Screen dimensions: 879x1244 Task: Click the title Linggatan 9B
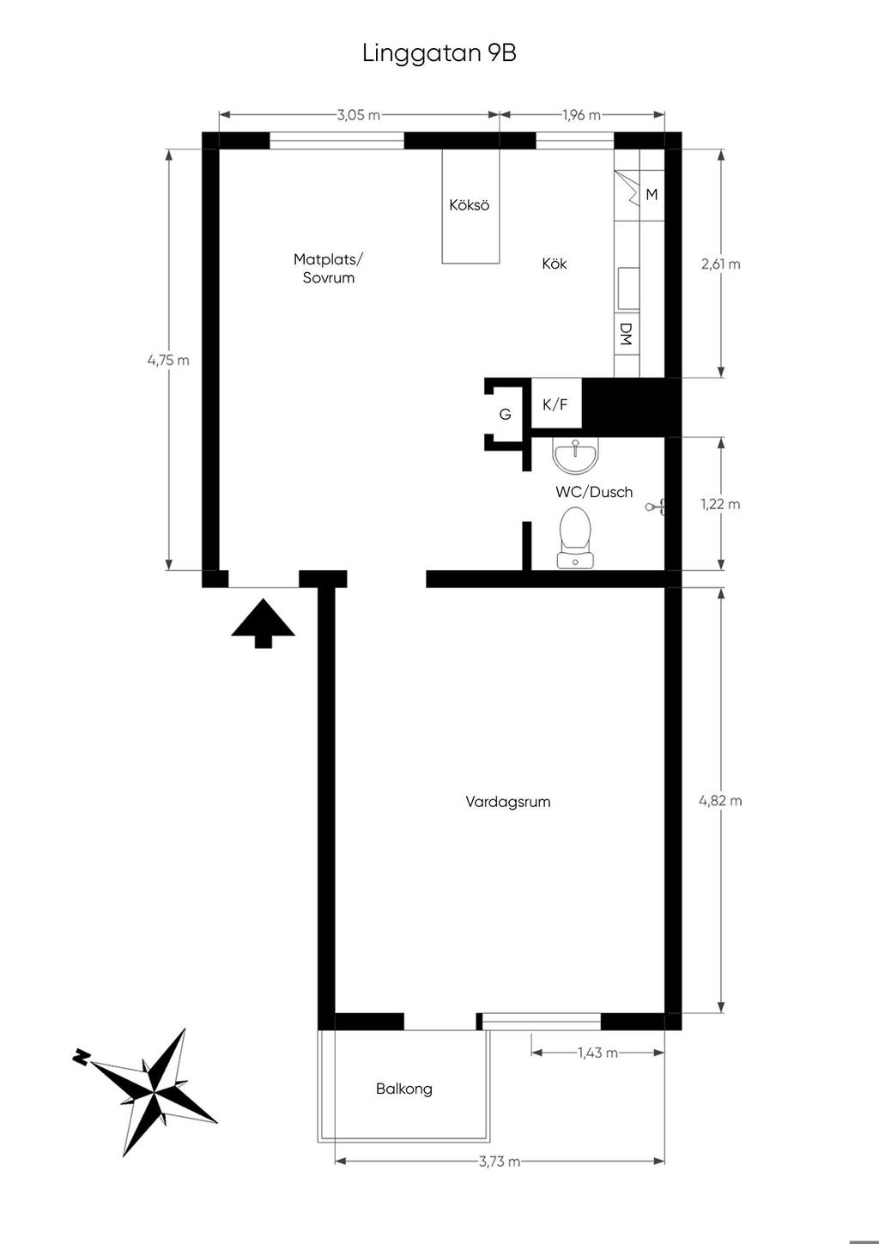[439, 54]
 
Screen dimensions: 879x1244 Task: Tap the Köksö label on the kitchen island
[470, 205]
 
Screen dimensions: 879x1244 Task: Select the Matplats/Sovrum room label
[329, 268]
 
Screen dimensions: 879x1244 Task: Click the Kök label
[555, 264]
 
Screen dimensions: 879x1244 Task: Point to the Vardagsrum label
[508, 801]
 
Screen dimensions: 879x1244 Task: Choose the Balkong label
[403, 1088]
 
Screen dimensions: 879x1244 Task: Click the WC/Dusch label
[594, 491]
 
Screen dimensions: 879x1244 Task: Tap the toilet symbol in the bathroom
[575, 537]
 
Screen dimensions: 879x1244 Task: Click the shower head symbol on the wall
[655, 507]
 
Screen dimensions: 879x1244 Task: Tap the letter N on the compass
[81, 1057]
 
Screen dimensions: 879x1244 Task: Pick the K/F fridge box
[556, 404]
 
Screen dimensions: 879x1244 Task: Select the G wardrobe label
[506, 414]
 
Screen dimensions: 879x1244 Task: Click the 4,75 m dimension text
[168, 360]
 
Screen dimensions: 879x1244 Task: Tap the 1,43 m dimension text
[597, 1053]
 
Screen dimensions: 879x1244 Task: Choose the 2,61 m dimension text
[721, 264]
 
